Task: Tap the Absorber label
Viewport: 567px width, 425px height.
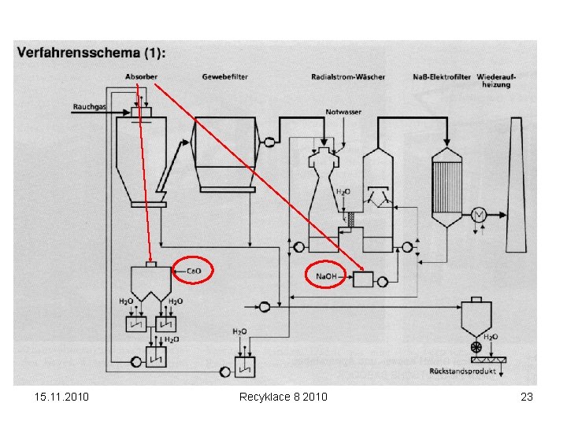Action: pyautogui.click(x=141, y=76)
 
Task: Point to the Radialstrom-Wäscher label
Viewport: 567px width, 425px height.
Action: pyautogui.click(x=347, y=76)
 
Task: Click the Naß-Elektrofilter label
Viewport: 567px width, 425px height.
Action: pyautogui.click(x=442, y=76)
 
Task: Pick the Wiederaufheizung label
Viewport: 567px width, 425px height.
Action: pyautogui.click(x=494, y=80)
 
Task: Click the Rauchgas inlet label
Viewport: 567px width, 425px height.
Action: pyautogui.click(x=89, y=105)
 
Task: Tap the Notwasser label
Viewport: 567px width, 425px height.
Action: pyautogui.click(x=343, y=112)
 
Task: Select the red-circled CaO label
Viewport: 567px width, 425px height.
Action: pyautogui.click(x=193, y=271)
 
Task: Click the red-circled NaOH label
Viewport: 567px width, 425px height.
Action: pyautogui.click(x=325, y=277)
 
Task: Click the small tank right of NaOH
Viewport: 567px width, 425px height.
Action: pyautogui.click(x=364, y=279)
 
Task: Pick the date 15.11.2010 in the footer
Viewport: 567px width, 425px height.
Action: pyautogui.click(x=62, y=397)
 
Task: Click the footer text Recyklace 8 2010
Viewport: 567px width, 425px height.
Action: pyautogui.click(x=283, y=397)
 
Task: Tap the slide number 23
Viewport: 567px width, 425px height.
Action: pyautogui.click(x=527, y=397)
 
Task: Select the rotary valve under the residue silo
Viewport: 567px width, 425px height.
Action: pyautogui.click(x=474, y=346)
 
